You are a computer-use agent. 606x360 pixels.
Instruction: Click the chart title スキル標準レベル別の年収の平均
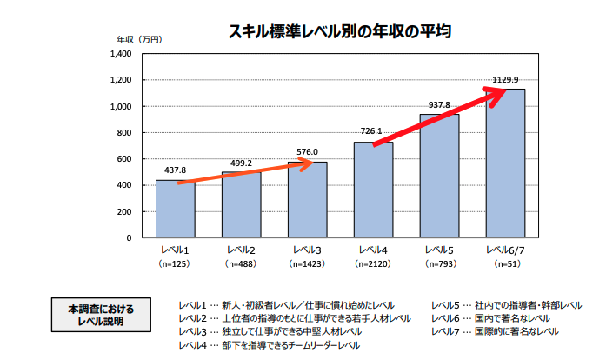point(339,33)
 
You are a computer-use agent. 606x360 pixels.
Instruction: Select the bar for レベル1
point(175,209)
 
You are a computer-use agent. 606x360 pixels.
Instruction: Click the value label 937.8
point(439,105)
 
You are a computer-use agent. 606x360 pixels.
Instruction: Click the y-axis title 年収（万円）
point(139,39)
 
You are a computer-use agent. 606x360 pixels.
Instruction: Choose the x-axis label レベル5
point(439,250)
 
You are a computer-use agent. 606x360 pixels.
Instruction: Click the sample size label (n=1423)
point(307,263)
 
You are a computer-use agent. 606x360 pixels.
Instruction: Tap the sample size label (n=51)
point(505,263)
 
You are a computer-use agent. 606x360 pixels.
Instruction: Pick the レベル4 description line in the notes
point(270,345)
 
